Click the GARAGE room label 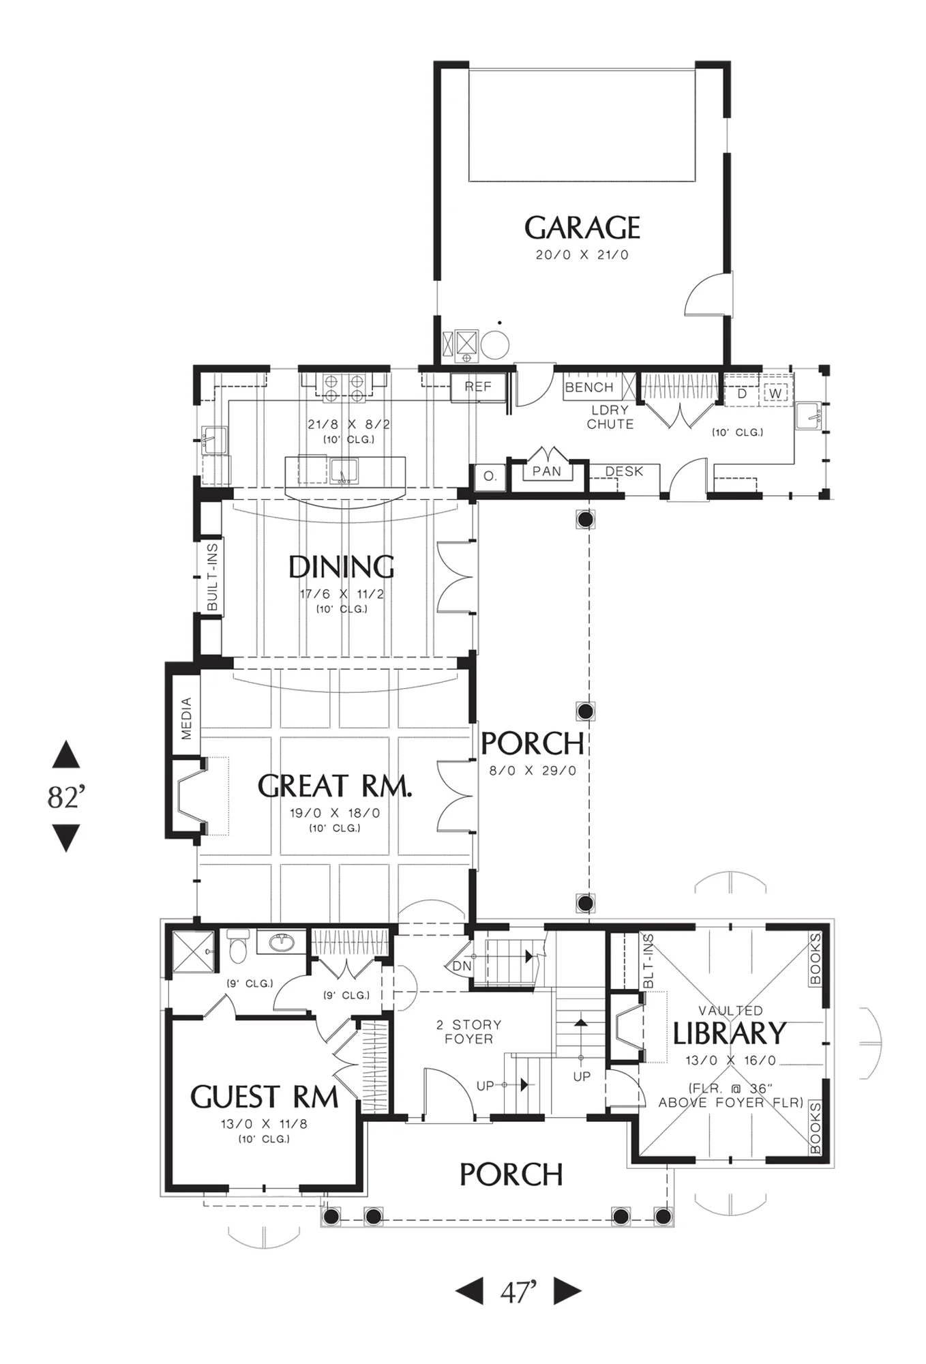coord(582,228)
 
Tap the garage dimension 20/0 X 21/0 coord(582,255)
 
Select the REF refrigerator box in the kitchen coord(479,387)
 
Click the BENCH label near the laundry coord(589,387)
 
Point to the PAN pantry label coord(547,471)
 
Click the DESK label coord(624,471)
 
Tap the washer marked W coord(775,394)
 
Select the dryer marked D coord(742,394)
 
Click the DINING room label coord(341,567)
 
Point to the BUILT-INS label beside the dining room coord(212,577)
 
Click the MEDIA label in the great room coord(186,718)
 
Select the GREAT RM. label coord(335,786)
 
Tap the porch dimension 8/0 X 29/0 coord(533,771)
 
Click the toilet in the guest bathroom coord(237,947)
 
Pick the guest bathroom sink coord(282,943)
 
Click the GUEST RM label coord(264,1097)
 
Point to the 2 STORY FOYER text coord(469,1032)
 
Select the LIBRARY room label coord(730,1034)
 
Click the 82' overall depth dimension coord(66,797)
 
